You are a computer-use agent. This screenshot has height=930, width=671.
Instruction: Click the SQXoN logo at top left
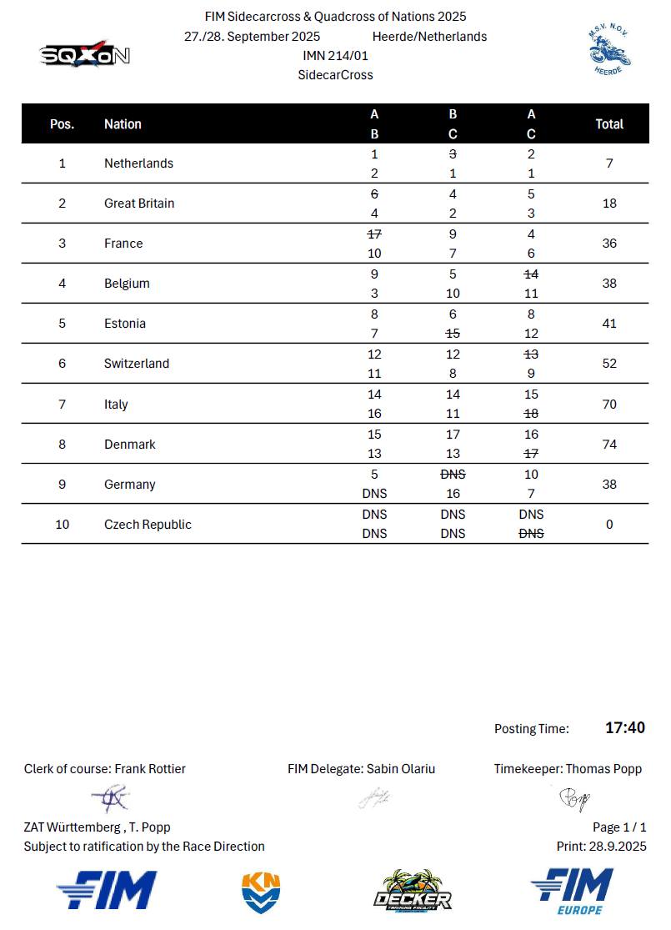(x=85, y=54)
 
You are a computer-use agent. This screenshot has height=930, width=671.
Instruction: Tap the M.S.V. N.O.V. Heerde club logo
(x=608, y=49)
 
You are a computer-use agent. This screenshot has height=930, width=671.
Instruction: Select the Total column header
(x=609, y=123)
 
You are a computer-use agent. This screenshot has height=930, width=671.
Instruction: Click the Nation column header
(x=123, y=124)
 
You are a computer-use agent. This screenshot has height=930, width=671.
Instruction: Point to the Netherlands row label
(x=138, y=163)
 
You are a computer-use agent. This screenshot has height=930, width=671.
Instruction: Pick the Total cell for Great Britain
(x=609, y=204)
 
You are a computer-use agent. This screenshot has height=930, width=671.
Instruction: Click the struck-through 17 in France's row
(x=374, y=234)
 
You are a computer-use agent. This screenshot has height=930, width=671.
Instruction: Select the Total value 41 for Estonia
(x=609, y=324)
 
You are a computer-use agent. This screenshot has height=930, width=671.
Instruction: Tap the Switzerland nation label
(x=137, y=364)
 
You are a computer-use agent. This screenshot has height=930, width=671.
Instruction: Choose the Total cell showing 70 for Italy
(x=609, y=405)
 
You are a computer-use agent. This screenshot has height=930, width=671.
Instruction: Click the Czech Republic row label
(x=148, y=525)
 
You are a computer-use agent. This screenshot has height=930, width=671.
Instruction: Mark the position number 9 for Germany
(x=63, y=485)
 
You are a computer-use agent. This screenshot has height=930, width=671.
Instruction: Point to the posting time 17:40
(x=625, y=728)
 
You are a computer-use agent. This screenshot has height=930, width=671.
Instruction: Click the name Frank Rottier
(x=150, y=769)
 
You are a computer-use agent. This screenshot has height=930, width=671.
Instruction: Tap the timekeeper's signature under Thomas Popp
(x=574, y=800)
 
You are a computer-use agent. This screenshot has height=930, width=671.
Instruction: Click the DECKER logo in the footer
(x=412, y=892)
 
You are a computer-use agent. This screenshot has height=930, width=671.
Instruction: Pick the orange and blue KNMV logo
(x=261, y=892)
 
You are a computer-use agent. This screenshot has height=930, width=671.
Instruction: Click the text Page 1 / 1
(x=619, y=827)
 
